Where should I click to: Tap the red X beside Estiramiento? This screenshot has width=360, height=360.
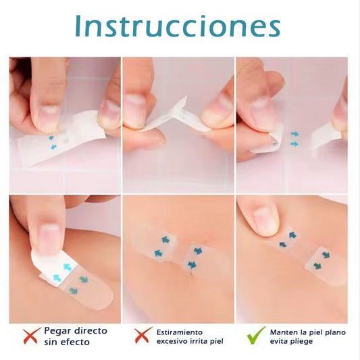coord(141,336)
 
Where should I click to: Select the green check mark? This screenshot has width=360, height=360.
coord(256,336)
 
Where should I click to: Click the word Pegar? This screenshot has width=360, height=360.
coord(57,331)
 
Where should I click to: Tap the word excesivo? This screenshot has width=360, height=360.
coord(173,342)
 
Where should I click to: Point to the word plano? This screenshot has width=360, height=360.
coord(334,332)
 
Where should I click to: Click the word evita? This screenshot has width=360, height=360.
coord(280,342)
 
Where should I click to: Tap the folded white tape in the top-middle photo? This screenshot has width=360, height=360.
coord(172,115)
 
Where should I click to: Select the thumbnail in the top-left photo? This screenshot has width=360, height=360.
coord(49,115)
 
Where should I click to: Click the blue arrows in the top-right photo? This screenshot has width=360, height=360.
coord(294,138)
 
